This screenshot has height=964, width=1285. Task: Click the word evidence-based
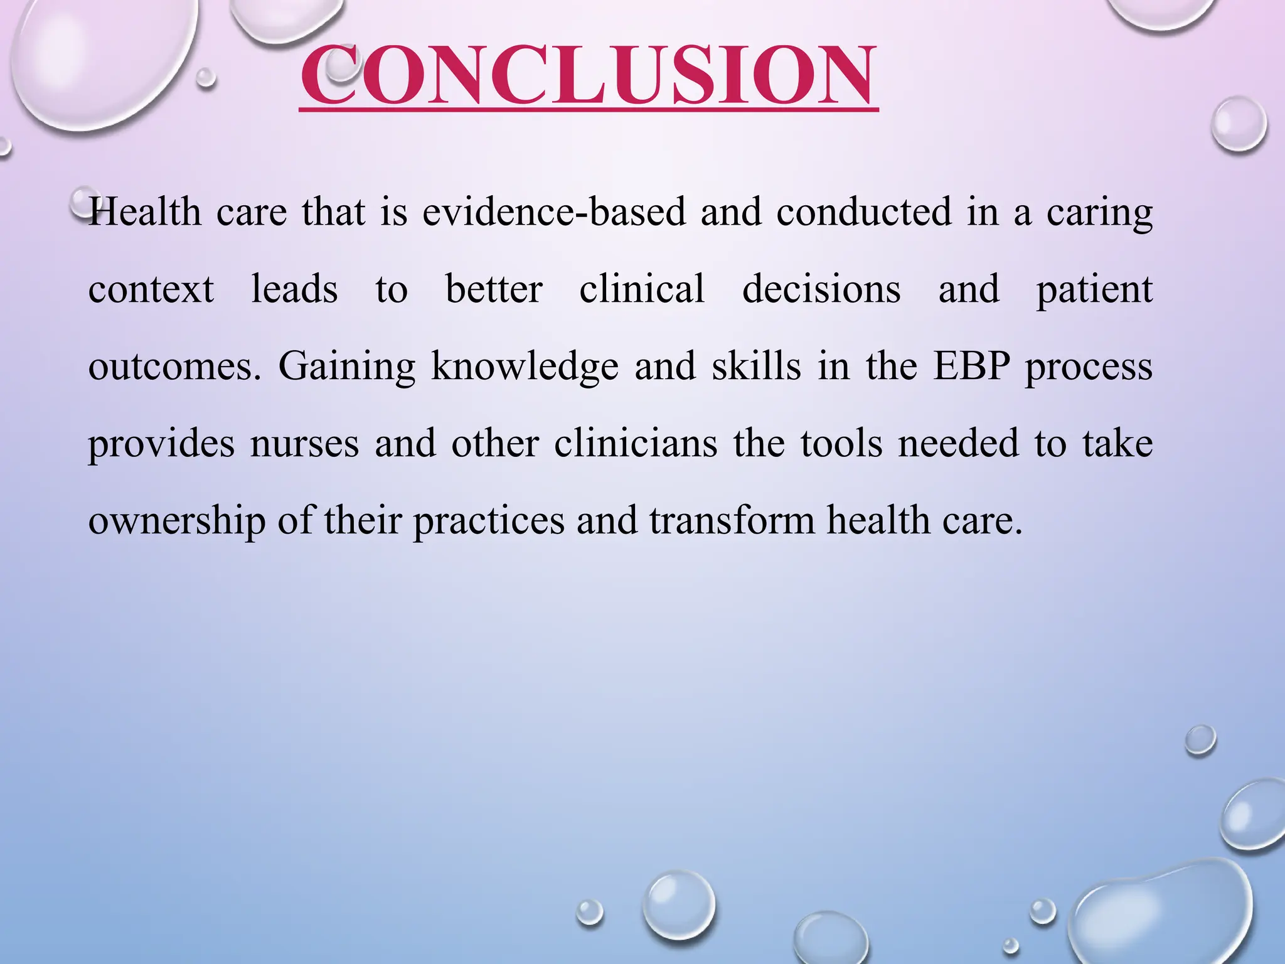click(553, 212)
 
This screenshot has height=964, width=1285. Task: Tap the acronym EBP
click(971, 367)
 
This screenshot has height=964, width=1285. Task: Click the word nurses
click(304, 444)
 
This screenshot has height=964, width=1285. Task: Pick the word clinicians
click(636, 444)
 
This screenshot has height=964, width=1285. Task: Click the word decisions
click(821, 289)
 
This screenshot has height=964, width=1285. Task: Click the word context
click(151, 289)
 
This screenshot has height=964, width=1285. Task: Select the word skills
click(756, 367)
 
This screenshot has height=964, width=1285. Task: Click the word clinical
click(642, 289)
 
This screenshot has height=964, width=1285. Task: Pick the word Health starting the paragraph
click(145, 212)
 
